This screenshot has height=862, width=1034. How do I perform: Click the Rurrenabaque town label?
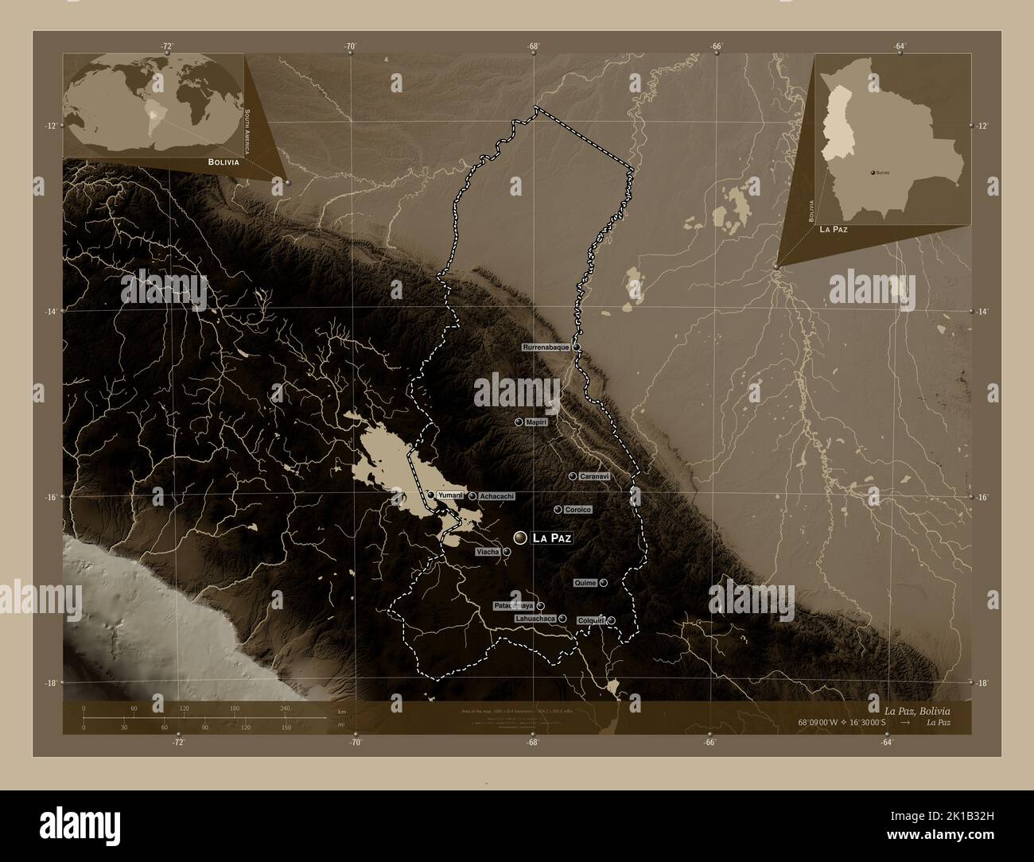(x=546, y=348)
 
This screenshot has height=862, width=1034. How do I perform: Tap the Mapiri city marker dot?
(x=519, y=422)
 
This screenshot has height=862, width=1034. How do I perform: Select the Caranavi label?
(x=594, y=476)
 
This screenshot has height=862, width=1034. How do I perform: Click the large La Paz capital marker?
(x=520, y=538)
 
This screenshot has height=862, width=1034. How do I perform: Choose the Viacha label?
(x=488, y=551)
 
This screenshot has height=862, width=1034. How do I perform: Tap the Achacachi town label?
(x=496, y=496)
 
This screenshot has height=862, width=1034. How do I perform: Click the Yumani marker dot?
(x=431, y=495)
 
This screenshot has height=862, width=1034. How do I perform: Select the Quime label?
(x=585, y=583)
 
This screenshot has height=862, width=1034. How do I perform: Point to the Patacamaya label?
(x=514, y=606)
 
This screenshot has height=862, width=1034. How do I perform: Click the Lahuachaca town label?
(x=535, y=618)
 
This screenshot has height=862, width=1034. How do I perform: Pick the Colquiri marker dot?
(x=611, y=620)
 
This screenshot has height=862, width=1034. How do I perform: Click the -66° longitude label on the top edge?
(x=717, y=46)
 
